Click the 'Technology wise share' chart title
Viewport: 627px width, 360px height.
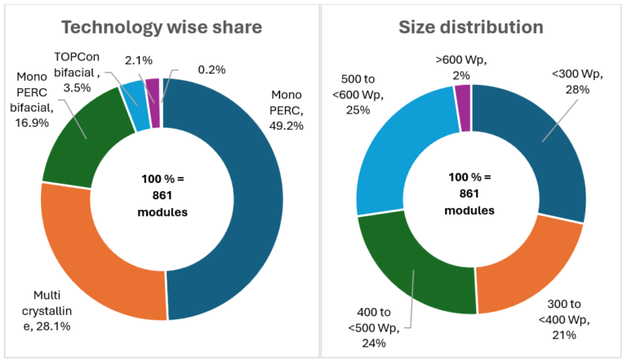point(162,27)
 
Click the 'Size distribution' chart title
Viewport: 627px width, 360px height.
point(471,27)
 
